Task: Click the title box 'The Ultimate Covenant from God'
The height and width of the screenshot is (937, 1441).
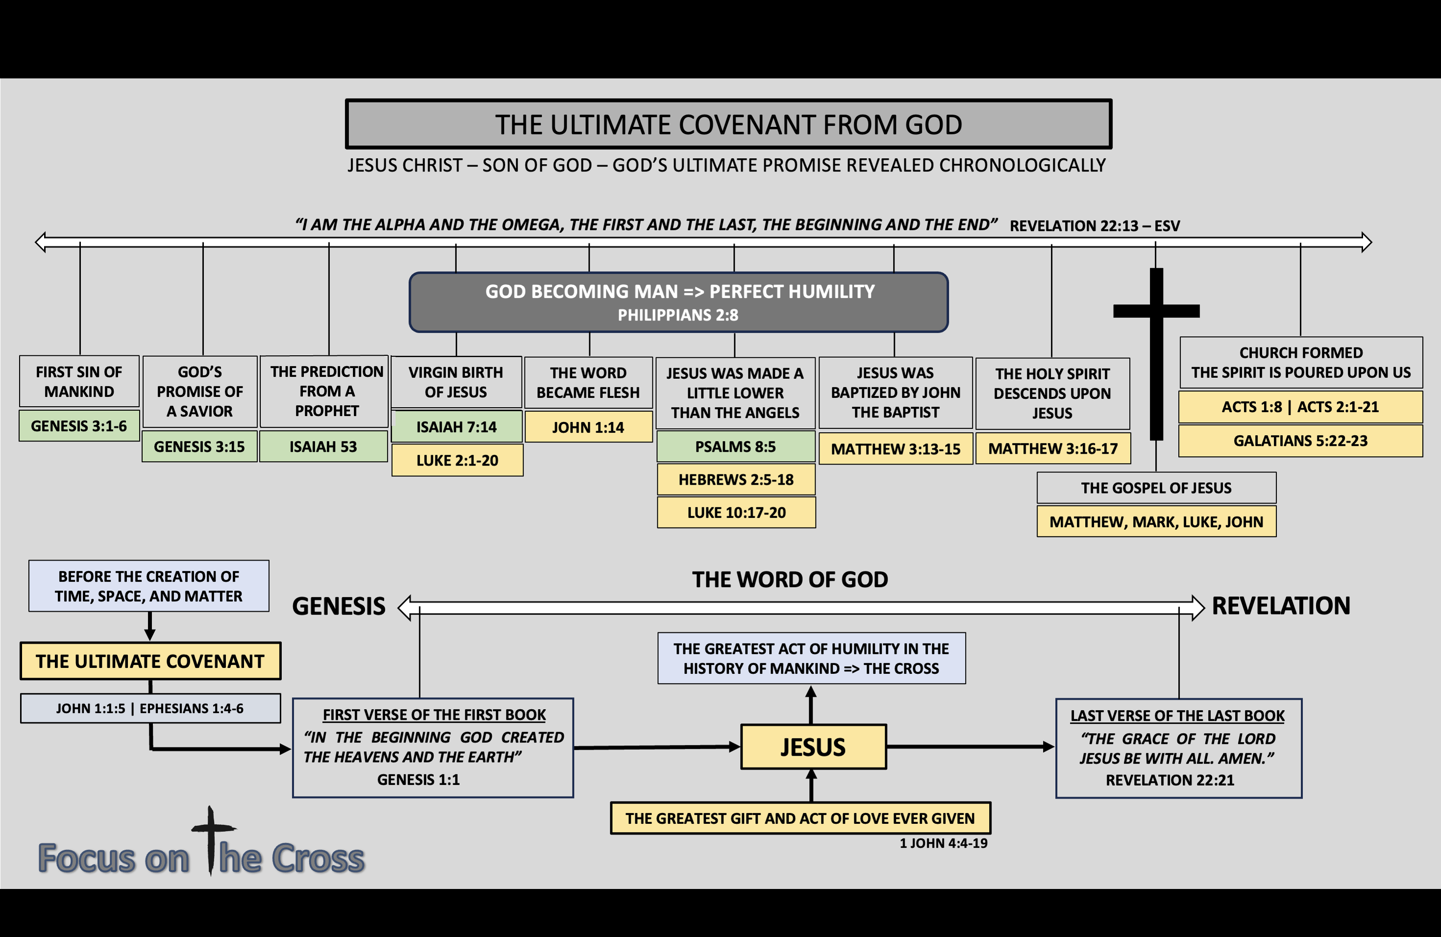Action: pos(728,124)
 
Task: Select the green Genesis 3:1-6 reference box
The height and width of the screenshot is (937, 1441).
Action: pos(79,426)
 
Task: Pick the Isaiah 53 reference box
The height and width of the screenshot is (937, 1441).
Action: pos(323,447)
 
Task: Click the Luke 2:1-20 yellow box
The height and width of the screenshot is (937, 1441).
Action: pos(457,461)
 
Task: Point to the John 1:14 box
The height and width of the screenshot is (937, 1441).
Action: pos(588,427)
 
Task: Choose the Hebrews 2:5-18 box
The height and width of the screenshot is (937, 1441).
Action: pos(736,480)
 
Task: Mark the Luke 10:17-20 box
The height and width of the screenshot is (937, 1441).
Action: pos(736,513)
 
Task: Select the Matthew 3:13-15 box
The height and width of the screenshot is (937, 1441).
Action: pos(895,449)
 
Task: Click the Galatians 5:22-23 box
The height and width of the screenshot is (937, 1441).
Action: pos(1300,441)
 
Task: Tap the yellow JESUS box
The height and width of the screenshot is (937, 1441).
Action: pos(813,747)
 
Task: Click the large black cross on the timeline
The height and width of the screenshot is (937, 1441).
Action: pos(1156,339)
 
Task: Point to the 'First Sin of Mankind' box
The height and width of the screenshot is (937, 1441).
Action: pos(79,381)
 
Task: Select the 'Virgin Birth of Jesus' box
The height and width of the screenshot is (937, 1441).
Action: pos(456,382)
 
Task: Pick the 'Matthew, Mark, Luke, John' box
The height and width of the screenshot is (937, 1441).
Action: pos(1156,522)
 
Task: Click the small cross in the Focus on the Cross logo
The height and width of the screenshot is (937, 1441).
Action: pos(211,838)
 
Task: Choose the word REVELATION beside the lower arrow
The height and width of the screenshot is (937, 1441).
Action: pos(1281,606)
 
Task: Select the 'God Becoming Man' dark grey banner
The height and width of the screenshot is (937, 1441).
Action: pos(679,302)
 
